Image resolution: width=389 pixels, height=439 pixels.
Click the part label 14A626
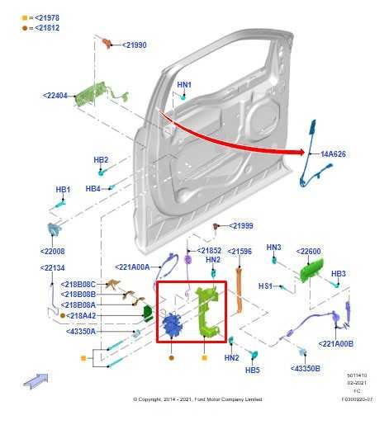[334, 153]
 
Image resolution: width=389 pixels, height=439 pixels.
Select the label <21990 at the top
[135, 45]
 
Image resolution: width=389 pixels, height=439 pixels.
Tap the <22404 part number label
[57, 96]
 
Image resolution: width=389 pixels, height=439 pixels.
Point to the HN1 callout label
[183, 85]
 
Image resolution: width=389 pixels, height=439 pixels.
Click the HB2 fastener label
[101, 159]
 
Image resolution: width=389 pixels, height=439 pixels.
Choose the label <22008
[52, 251]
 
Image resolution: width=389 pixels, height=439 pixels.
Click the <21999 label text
[240, 226]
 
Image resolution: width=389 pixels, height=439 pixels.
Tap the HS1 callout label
[266, 286]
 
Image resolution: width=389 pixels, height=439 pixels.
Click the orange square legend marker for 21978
[26, 17]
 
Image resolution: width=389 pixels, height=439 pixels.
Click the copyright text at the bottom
[197, 399]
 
